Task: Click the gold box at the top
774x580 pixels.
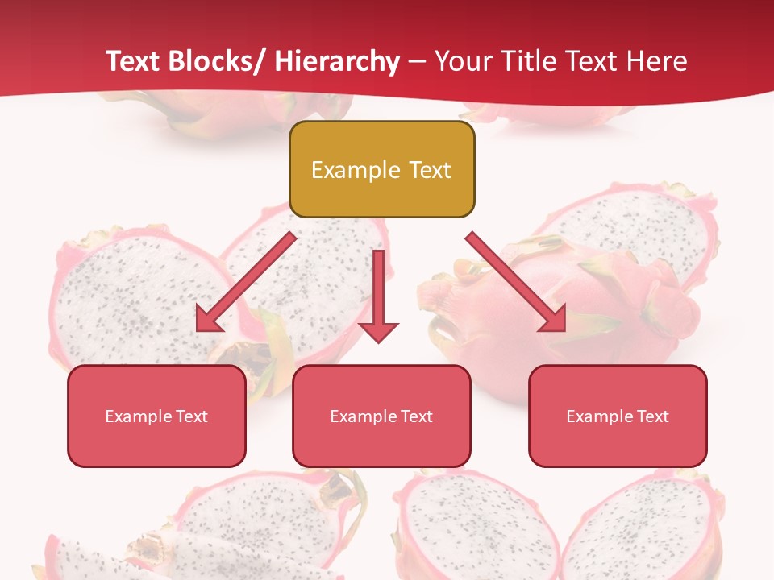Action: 381,169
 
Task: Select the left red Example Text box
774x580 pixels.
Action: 156,416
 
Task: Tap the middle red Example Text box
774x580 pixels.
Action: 381,416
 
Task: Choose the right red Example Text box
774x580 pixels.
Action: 618,416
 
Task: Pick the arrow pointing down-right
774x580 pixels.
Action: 516,281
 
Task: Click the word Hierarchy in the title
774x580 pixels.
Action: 337,62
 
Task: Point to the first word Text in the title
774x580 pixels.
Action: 135,62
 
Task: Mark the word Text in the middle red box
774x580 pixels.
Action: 415,416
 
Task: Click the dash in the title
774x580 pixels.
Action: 417,62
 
